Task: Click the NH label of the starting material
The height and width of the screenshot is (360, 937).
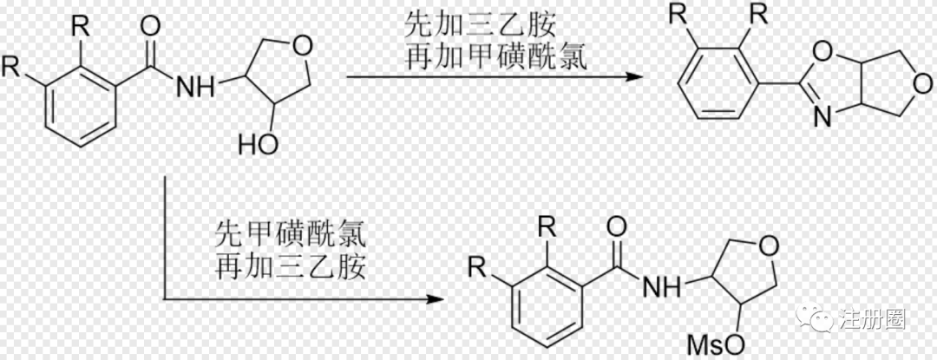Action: pos(192,85)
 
